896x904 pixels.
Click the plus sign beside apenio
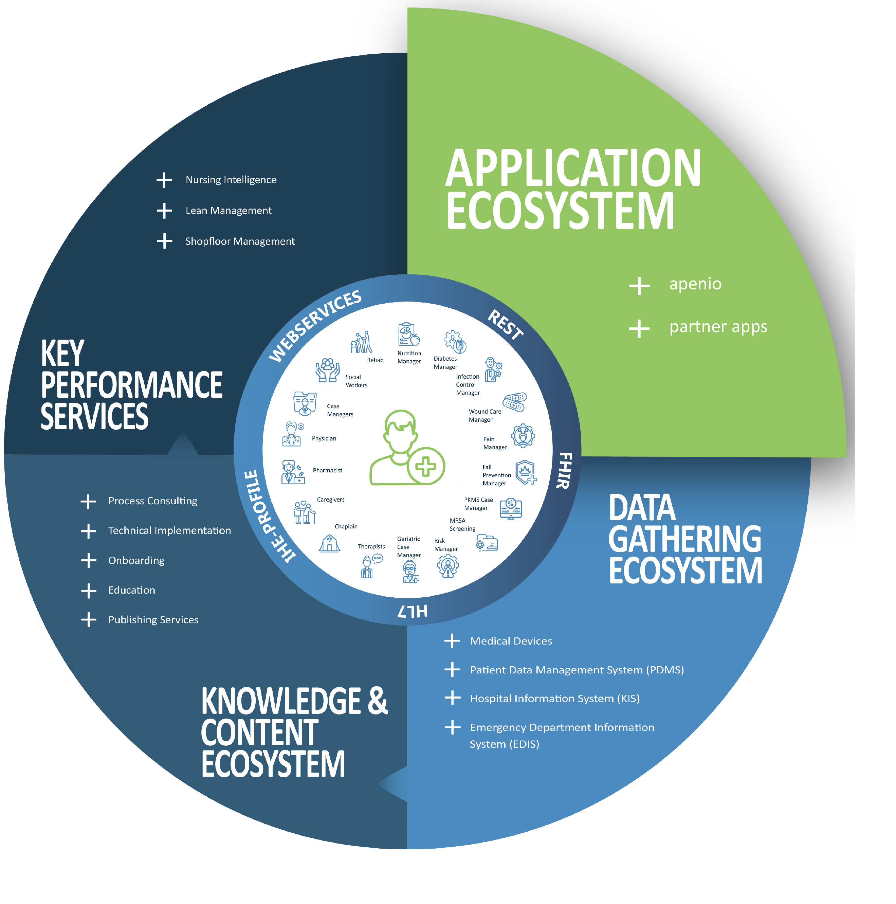[x=639, y=285]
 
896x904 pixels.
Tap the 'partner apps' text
[x=718, y=327]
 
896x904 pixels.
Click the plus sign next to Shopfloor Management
[x=164, y=241]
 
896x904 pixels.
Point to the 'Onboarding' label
[x=136, y=560]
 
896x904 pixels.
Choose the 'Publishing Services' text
[x=153, y=619]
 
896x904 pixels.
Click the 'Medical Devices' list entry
[x=511, y=641]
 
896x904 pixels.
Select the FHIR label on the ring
[x=564, y=470]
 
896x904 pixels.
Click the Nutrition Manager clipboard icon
[x=408, y=334]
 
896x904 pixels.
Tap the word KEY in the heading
[x=62, y=354]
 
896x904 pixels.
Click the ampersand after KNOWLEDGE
[x=378, y=701]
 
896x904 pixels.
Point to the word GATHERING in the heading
[x=684, y=539]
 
